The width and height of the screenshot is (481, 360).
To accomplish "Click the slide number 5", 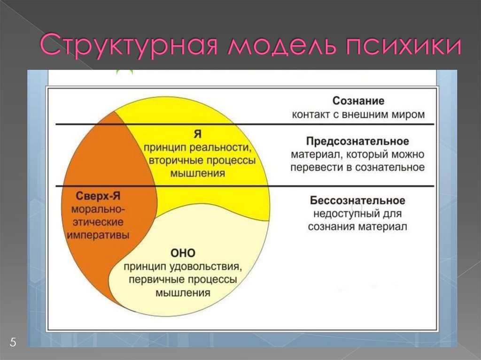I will pyautogui.click(x=13, y=342).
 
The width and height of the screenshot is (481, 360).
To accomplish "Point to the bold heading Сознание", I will pyautogui.click(x=358, y=101).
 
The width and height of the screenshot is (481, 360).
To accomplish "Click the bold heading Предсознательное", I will pyautogui.click(x=357, y=141).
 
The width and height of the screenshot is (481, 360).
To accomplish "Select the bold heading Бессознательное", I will pyautogui.click(x=357, y=200).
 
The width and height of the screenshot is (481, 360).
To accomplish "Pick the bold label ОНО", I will pyautogui.click(x=183, y=253).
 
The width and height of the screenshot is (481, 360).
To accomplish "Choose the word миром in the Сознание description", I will pyautogui.click(x=410, y=114).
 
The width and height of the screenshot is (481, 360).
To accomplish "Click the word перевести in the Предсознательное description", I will pyautogui.click(x=314, y=167).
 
